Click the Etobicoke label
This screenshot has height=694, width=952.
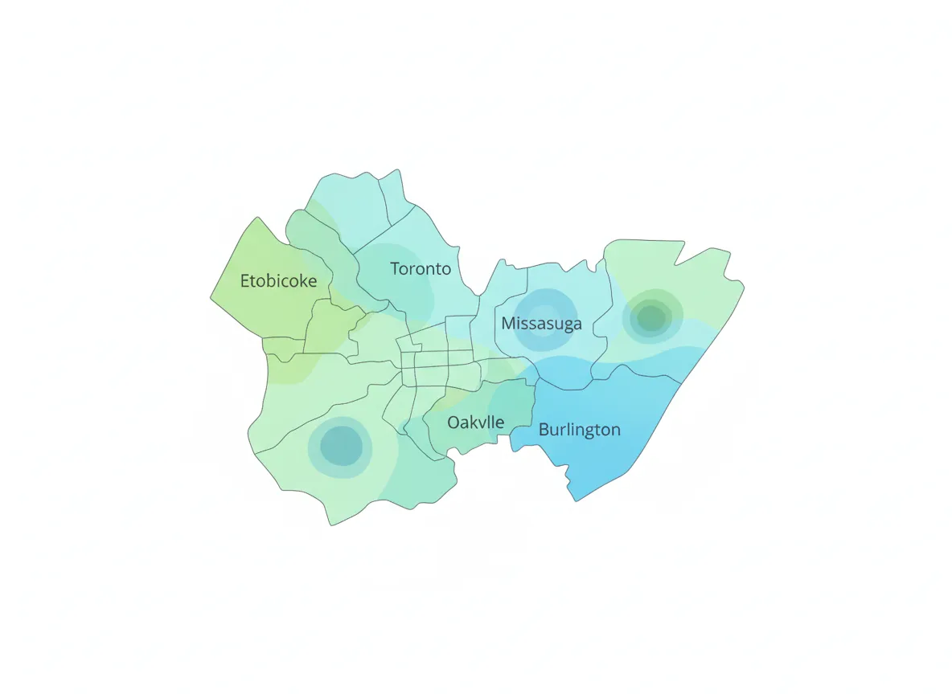(278, 281)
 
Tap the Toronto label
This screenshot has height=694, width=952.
(421, 268)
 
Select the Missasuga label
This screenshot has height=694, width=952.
(541, 324)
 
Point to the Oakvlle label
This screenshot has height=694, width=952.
(475, 422)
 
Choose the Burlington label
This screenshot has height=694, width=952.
(579, 430)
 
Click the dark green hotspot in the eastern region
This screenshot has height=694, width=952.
(651, 316)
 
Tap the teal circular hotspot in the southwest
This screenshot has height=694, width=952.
(341, 445)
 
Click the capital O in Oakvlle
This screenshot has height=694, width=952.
(454, 422)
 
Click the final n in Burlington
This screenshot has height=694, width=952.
(615, 430)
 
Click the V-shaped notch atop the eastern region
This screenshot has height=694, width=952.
(676, 263)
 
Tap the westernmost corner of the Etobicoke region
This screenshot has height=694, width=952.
(211, 298)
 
